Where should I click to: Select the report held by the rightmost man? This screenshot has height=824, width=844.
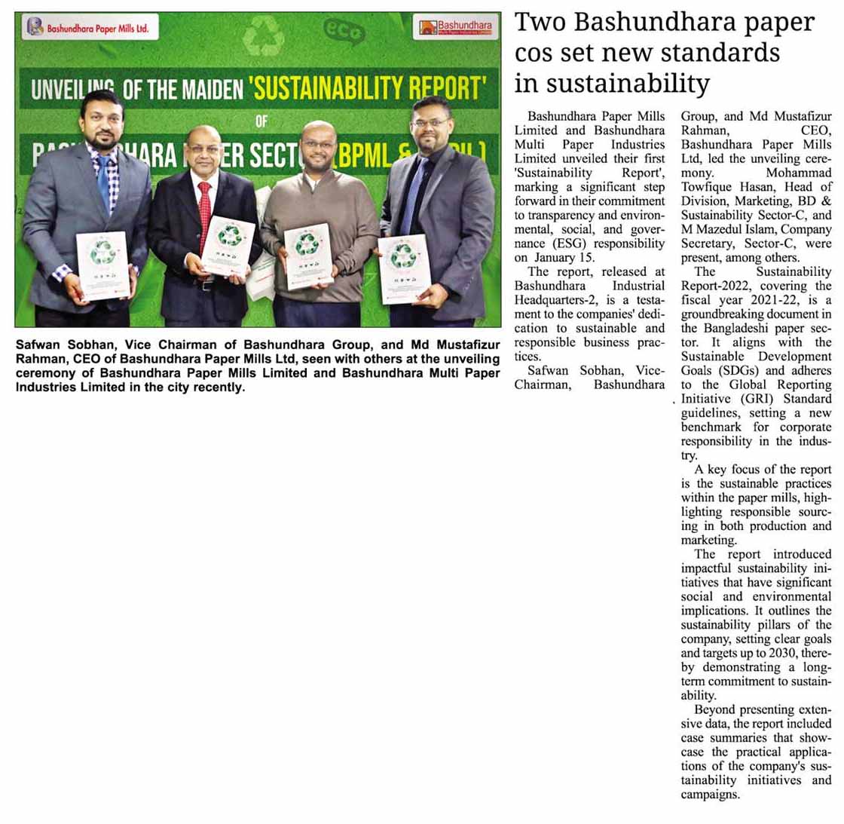(404, 268)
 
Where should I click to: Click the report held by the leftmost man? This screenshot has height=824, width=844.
(102, 264)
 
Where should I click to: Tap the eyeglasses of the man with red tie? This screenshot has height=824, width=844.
(204, 149)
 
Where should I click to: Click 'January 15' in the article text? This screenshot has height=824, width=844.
(564, 257)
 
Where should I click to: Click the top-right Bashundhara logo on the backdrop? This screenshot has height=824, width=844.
(456, 28)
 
